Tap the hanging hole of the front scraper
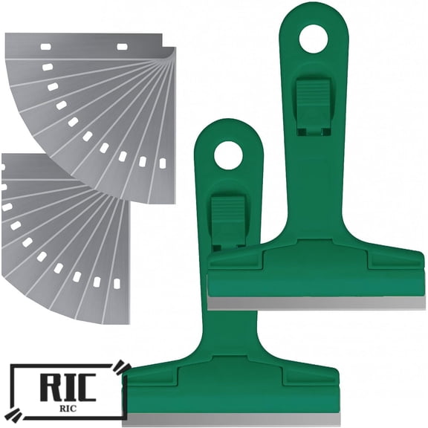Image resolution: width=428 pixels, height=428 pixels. click(228, 155)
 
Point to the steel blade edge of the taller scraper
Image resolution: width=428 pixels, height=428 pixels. click(316, 302)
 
